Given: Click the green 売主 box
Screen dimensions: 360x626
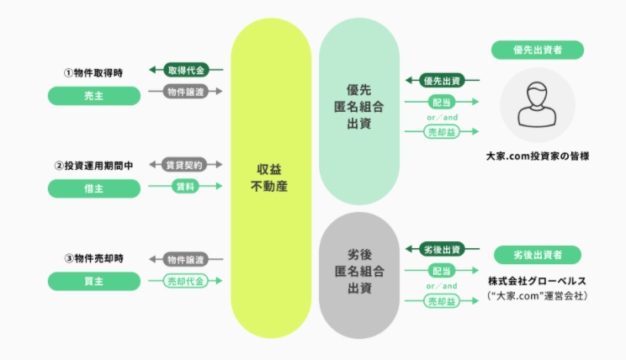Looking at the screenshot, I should (x=93, y=97).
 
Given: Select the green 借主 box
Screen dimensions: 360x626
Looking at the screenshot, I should (x=93, y=189).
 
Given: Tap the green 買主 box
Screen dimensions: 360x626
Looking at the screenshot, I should (x=93, y=282).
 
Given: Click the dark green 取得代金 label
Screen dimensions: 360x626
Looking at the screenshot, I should (x=185, y=70).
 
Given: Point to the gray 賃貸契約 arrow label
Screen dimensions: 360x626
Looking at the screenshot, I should (x=185, y=164).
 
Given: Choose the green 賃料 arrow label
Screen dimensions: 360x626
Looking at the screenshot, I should (x=185, y=186).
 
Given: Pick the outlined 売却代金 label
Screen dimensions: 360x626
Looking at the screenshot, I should (x=185, y=281).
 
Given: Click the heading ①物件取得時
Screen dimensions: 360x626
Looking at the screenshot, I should (x=93, y=73).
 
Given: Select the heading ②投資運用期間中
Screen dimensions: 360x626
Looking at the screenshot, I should (x=93, y=166).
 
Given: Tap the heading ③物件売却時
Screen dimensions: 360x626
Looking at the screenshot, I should (x=93, y=257).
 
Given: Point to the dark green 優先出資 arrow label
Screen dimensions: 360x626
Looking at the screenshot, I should (x=442, y=81).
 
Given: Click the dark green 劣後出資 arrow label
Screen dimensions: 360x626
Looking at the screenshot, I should (x=442, y=249).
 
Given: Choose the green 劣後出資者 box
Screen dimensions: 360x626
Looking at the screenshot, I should (x=538, y=254).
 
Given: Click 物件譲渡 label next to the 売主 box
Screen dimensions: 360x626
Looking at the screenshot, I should (x=185, y=91).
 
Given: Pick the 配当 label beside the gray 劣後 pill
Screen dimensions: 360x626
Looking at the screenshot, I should (x=442, y=271).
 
